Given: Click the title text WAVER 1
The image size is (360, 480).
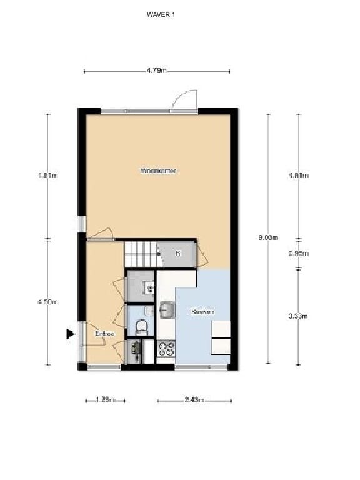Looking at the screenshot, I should coord(161,14).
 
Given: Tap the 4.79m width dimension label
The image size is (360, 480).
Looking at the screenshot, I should coord(157,71).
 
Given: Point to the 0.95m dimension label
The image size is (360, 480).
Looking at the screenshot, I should coord(298,254).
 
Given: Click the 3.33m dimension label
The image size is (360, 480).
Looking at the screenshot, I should coord(298,316).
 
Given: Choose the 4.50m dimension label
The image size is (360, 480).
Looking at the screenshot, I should coord(47,302).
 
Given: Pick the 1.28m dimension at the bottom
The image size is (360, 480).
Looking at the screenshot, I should coord(105,400).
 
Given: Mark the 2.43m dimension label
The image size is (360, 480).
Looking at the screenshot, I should coord(194,400).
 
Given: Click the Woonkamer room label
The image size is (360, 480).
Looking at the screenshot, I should coord(158,170).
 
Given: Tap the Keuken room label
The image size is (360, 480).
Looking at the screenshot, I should coord(203,311).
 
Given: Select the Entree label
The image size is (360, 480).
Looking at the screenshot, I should coord(104,334).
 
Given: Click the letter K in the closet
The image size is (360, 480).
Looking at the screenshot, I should coord(178,253).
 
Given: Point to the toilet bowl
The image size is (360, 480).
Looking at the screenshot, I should coord(141,326).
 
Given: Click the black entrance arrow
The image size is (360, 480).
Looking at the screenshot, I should coord(70,334).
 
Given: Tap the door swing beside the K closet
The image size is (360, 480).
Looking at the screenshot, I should coord(202,254).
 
